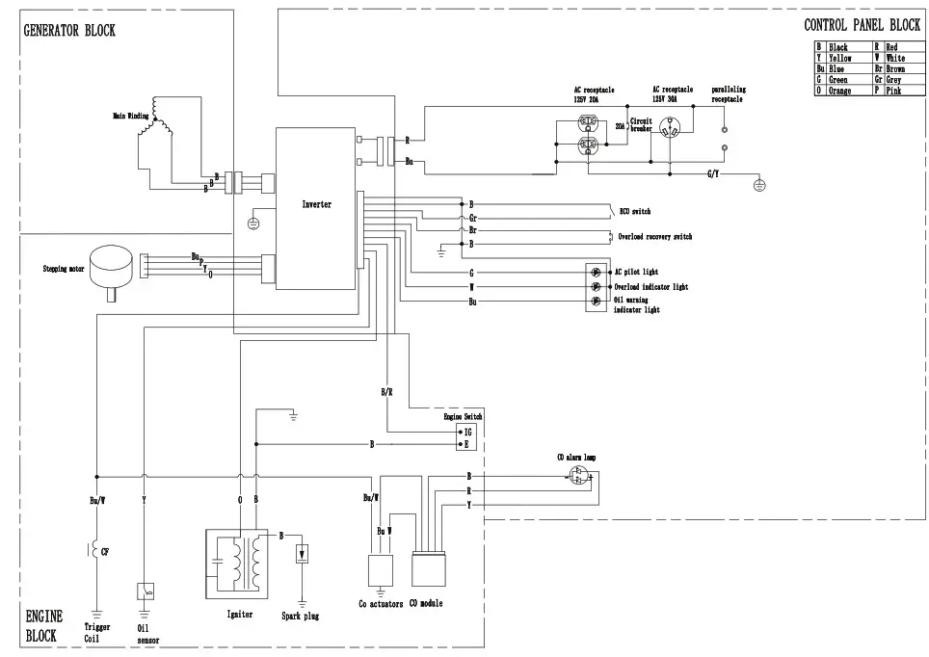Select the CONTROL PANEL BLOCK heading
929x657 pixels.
coord(862,24)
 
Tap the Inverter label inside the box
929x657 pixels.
coord(316,204)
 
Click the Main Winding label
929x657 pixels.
coord(131,116)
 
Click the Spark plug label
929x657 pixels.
coord(301,616)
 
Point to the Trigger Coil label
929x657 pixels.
coord(97,632)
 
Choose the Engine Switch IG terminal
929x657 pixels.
coord(466,433)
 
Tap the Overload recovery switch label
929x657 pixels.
coord(654,237)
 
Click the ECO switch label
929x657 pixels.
coord(636,210)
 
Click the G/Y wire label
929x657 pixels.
coord(713,174)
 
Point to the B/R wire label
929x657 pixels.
coord(385,392)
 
